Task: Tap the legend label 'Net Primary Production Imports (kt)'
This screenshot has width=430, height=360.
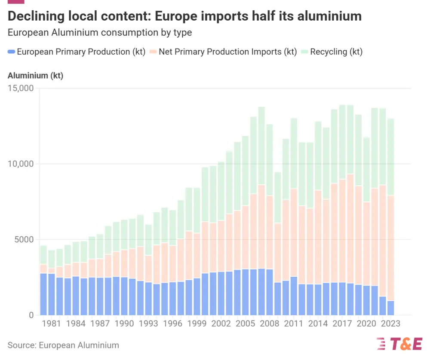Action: coord(227,52)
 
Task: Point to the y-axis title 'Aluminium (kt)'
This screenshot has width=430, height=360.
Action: coord(35,76)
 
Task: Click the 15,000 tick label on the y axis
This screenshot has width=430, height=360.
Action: coord(20,88)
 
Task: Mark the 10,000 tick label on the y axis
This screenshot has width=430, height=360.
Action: coord(20,164)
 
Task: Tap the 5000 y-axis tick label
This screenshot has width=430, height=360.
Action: coord(24,240)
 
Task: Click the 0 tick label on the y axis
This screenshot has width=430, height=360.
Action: coord(31,315)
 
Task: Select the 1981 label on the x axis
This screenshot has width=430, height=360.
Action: coord(52,324)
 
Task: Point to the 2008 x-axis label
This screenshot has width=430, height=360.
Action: coord(270,324)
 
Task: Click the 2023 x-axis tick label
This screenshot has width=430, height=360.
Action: coord(390,324)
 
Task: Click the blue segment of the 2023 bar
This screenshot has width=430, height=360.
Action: coord(390,308)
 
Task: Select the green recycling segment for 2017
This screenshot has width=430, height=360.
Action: coord(342,142)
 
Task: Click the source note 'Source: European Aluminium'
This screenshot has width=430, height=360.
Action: coord(63,345)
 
